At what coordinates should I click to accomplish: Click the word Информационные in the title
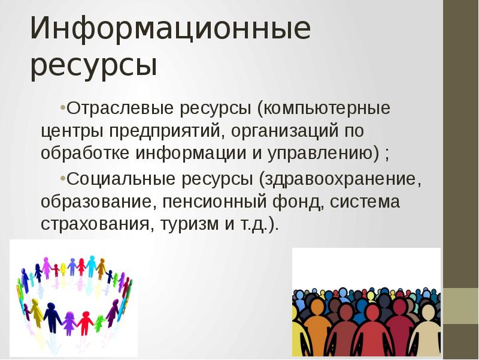[170, 30]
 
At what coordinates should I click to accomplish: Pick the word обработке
[85, 152]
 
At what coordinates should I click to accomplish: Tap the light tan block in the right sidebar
[461, 306]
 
